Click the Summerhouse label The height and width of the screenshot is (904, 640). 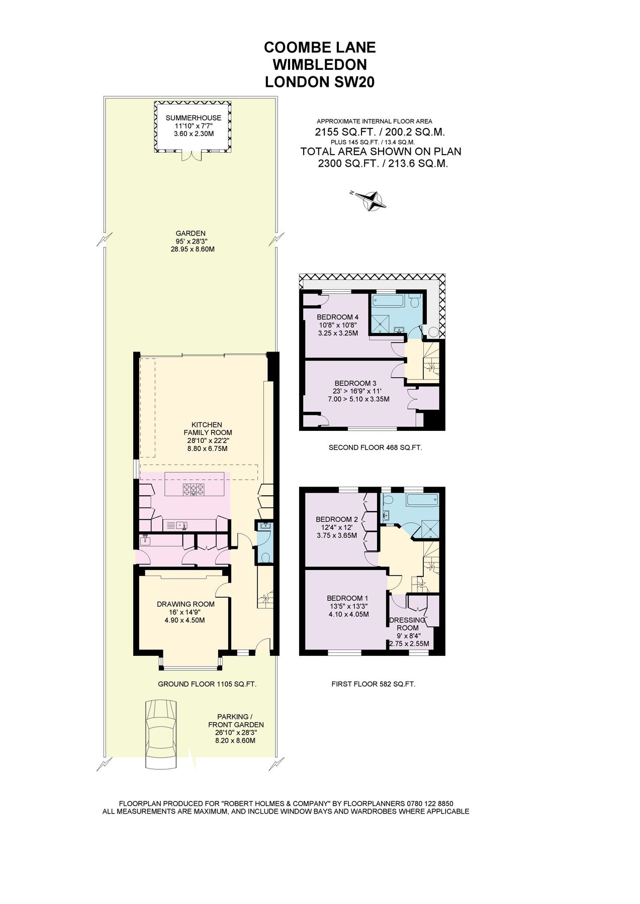(194, 118)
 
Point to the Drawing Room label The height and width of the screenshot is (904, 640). (186, 604)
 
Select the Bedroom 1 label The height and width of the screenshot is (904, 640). (347, 598)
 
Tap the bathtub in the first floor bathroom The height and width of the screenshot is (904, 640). (422, 501)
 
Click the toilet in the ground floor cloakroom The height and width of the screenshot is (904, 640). (265, 558)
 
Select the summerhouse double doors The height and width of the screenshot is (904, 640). (192, 156)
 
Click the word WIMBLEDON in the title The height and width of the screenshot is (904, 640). (320, 64)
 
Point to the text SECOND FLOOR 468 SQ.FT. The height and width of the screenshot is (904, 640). (375, 447)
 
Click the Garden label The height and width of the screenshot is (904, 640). (191, 233)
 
